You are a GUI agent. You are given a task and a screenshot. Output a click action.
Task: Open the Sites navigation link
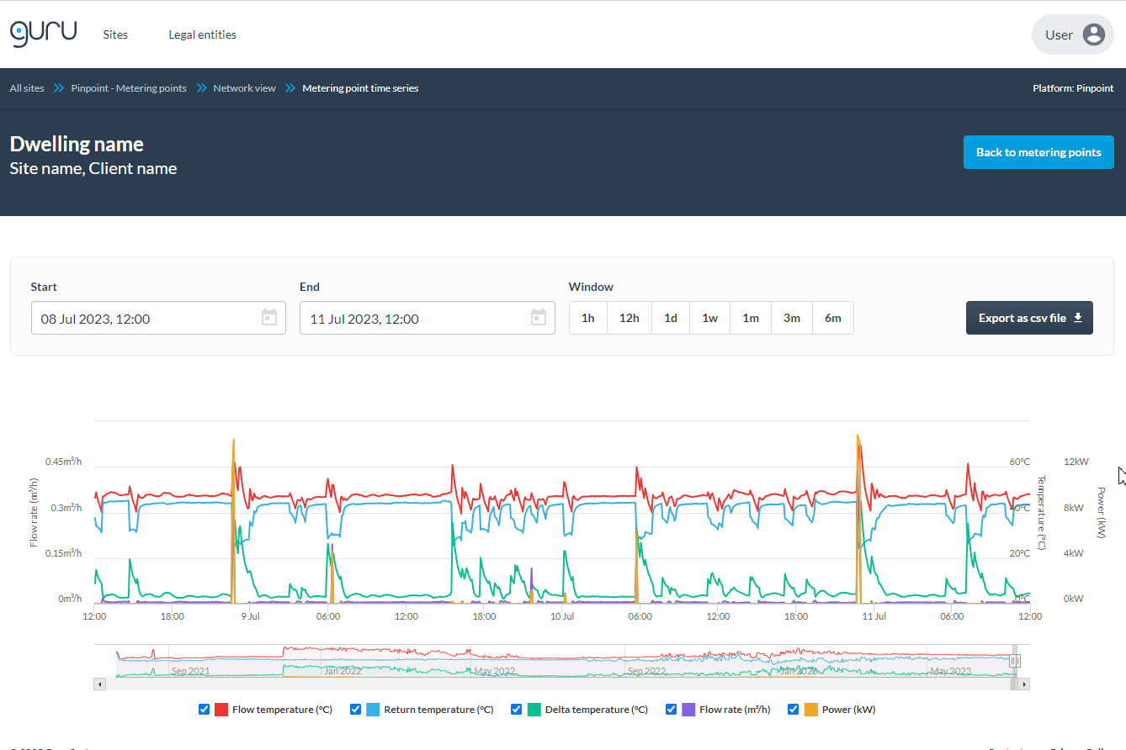point(115,34)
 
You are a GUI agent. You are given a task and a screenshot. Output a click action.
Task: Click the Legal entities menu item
point(202,34)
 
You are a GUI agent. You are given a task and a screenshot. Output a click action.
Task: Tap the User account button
point(1072,34)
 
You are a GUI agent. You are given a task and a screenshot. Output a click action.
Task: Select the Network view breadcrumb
point(244,88)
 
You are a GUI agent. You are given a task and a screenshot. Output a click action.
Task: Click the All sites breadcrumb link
point(27,88)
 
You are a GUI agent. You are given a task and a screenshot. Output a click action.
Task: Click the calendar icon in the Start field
point(269,318)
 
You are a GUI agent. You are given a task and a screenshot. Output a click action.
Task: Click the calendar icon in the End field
point(539,318)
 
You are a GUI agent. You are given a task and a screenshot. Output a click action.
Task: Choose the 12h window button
point(629,319)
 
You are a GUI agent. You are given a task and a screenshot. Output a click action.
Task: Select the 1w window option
point(710,319)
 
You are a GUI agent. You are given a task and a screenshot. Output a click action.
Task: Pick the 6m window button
point(832,319)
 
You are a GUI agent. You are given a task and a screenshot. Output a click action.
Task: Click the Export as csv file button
point(1029,318)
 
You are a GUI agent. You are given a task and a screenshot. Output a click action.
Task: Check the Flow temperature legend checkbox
point(204,710)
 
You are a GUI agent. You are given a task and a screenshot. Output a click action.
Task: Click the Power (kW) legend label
point(848,710)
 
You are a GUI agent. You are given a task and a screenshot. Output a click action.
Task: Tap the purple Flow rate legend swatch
point(688,710)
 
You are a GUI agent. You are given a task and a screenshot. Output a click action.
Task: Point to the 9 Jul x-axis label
point(250,616)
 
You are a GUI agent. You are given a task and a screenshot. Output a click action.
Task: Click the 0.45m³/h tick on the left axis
point(64,462)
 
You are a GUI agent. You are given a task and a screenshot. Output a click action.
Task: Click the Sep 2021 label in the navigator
point(190,671)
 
